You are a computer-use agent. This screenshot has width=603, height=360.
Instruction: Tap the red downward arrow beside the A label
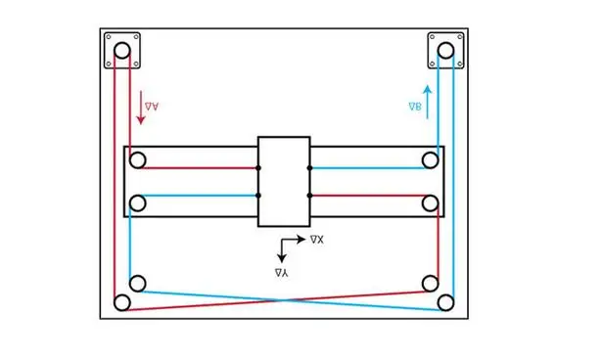pos(141,108)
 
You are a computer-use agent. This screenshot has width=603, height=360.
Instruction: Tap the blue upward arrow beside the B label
pos(427,102)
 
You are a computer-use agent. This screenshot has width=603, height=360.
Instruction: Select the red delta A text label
pos(152,107)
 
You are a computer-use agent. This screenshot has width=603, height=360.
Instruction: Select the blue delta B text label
pos(415,107)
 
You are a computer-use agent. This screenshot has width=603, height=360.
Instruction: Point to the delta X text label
pos(317,240)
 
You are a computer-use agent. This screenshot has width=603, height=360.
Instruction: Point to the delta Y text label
pos(282,273)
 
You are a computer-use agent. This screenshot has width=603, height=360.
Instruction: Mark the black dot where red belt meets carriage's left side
pos(258,168)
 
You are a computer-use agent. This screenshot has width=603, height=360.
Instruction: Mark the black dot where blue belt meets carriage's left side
pos(258,196)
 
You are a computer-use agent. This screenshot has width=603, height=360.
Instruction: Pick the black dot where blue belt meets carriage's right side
pos(310,168)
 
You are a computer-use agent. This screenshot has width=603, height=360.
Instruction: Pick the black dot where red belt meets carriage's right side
pos(310,196)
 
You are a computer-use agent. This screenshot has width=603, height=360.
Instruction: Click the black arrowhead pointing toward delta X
pos(301,240)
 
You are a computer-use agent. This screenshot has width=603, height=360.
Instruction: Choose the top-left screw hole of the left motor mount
pos(109,37)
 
